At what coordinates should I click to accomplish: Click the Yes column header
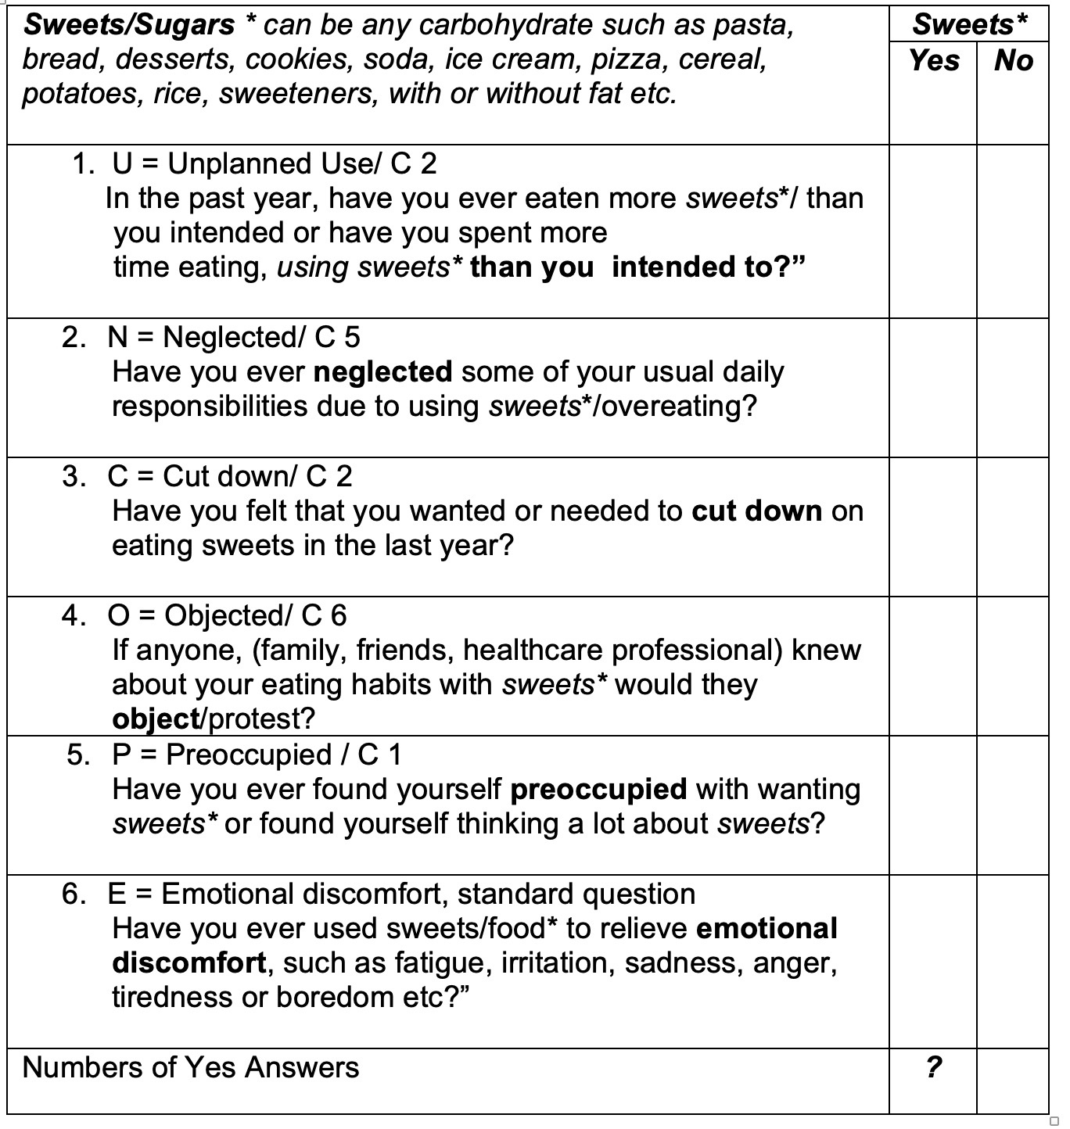coord(933,60)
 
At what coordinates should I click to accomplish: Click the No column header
coord(1013,60)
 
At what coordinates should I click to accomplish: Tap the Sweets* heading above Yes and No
coord(969,24)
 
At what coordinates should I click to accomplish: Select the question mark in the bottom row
coord(933,1067)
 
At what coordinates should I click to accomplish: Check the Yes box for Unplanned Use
coord(933,231)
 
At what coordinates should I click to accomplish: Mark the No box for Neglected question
coord(1013,388)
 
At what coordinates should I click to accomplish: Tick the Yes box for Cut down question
coord(933,527)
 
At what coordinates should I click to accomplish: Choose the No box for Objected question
coord(1013,666)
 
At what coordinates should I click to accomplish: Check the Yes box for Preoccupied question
coord(933,805)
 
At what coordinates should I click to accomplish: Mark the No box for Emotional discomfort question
coord(1013,962)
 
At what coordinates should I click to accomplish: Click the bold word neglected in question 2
coord(382,372)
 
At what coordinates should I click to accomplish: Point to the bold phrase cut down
coord(756,511)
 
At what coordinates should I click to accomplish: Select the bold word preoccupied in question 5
coord(598,790)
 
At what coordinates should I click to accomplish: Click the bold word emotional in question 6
coord(767,929)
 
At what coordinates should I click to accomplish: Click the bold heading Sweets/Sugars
coord(129,25)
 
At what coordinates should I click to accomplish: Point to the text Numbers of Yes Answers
coord(191,1067)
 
